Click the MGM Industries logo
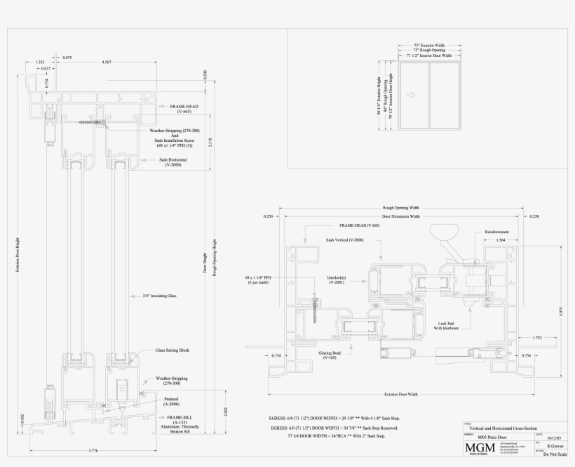coord(478,448)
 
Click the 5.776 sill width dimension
coord(94,449)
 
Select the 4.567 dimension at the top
coord(107,63)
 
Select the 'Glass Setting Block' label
coord(172,350)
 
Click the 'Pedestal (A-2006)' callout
coord(171,402)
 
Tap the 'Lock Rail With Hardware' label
coord(446,325)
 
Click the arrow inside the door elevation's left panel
coord(412,94)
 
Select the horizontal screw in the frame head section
coord(93,123)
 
